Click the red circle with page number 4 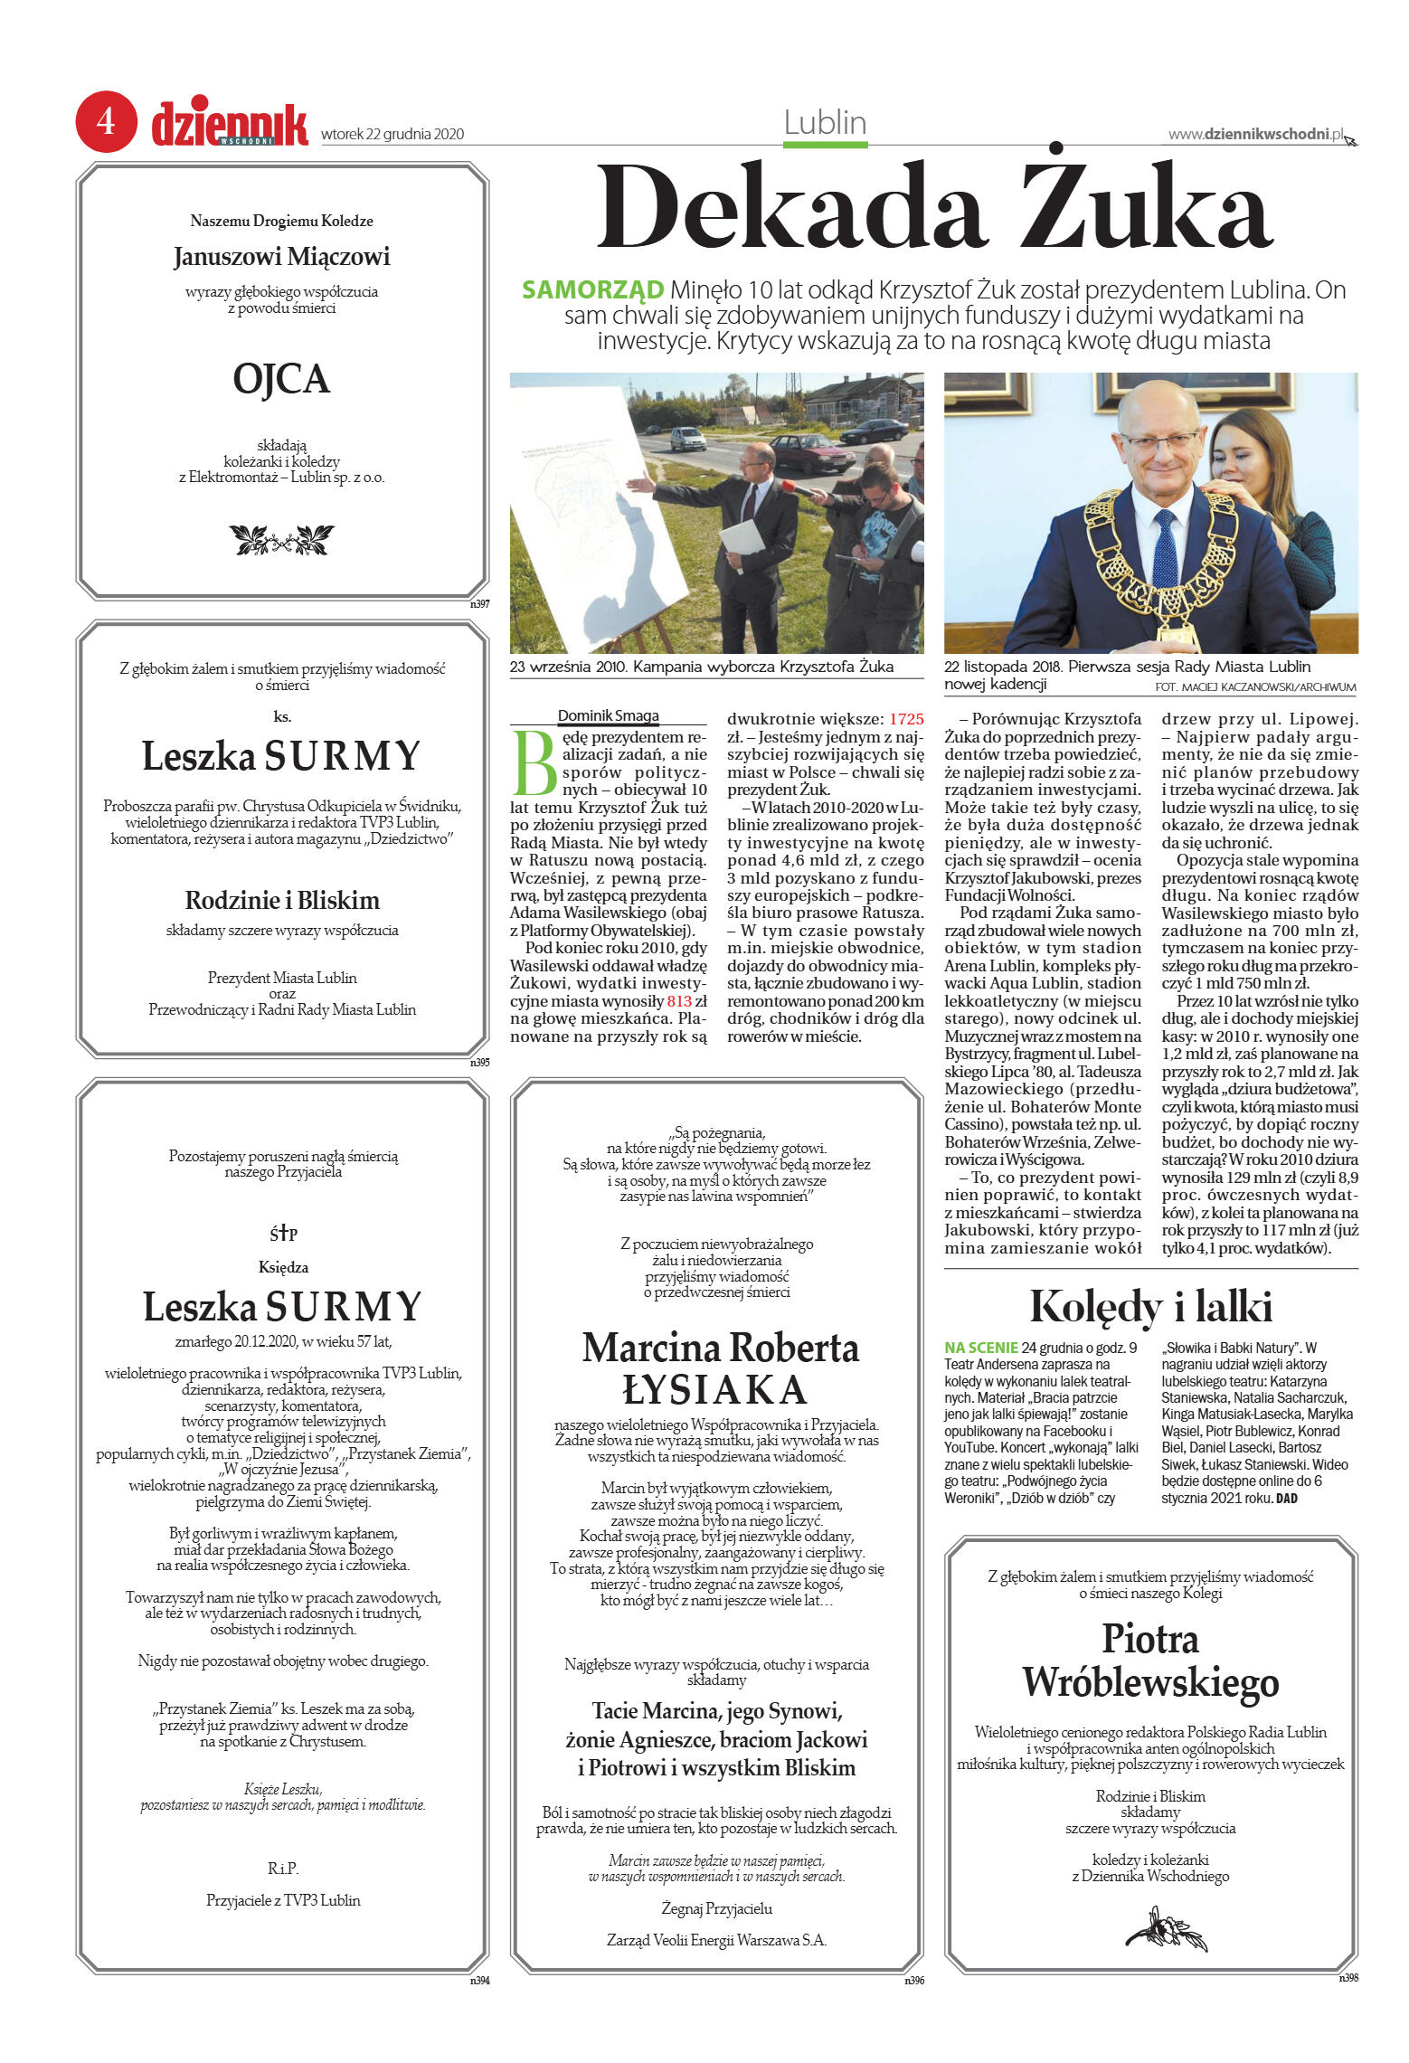[x=106, y=121]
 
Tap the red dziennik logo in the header [x=230, y=123]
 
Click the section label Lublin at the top [x=825, y=123]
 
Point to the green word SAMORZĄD [x=592, y=290]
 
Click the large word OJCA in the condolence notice [x=281, y=379]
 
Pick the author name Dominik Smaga [x=608, y=715]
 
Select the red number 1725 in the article [x=906, y=719]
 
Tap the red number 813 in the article [x=679, y=1001]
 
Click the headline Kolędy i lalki [x=1150, y=1307]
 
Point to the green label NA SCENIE [x=981, y=1348]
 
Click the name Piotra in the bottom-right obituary [x=1150, y=1639]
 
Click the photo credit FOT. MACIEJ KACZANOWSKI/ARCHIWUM [x=1255, y=687]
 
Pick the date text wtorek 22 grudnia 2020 [x=392, y=135]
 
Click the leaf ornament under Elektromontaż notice [x=281, y=540]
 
